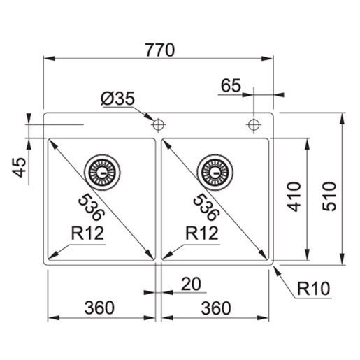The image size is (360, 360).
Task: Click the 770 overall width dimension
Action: [159, 50]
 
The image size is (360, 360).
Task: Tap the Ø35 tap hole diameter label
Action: [117, 99]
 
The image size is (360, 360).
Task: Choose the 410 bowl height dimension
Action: [293, 196]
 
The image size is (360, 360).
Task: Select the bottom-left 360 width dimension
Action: [101, 307]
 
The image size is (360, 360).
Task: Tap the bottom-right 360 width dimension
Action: [216, 307]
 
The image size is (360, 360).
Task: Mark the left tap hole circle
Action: [158, 124]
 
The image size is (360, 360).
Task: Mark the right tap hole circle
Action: [253, 124]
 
